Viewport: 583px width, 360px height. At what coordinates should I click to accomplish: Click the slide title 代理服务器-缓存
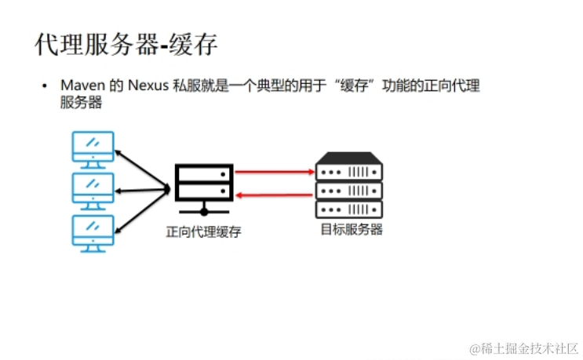[126, 44]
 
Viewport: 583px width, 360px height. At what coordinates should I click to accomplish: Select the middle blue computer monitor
[93, 189]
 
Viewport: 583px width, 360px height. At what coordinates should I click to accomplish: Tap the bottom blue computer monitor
[93, 231]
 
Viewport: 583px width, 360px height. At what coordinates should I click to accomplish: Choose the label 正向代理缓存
[203, 232]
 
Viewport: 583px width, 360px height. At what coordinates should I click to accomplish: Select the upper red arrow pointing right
[275, 171]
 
